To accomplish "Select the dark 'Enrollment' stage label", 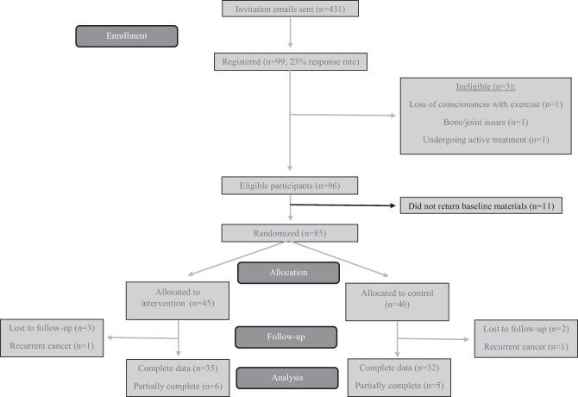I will tap(127, 35).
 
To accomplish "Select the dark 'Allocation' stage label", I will tap(289, 273).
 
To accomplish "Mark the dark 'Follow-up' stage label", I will tap(289, 335).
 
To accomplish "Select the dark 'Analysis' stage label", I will tap(289, 375).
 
